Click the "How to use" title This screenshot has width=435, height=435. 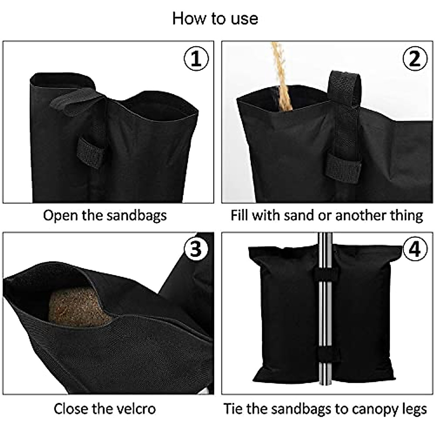point(215,18)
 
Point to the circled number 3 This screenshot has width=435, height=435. point(196,249)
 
